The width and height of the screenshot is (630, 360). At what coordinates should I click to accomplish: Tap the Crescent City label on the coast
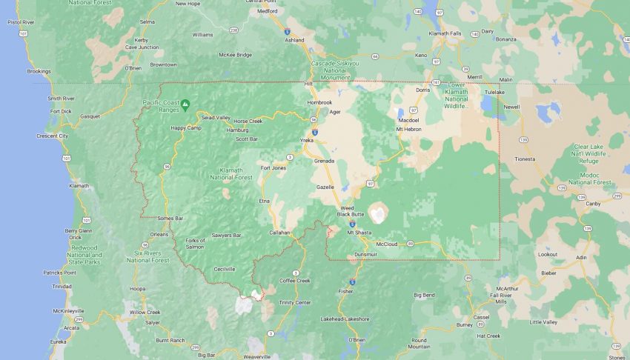pos(53,136)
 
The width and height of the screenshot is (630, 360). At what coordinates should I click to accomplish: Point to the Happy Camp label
pos(186,127)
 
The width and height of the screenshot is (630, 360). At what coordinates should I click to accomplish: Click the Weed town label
pos(348,208)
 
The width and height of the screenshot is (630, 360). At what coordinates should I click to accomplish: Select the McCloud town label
pos(387,244)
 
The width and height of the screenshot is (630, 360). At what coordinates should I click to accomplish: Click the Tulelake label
pos(494,93)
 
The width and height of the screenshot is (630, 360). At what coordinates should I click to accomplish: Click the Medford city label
pos(267,12)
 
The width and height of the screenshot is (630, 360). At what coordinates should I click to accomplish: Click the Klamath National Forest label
pos(231,175)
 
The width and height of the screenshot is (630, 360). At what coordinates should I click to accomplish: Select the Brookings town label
pos(39,72)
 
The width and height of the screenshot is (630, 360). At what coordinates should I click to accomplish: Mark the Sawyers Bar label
pos(227,235)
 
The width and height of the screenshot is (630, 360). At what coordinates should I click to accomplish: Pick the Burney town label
pos(465,324)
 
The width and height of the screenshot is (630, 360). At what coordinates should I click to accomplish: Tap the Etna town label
pos(264,201)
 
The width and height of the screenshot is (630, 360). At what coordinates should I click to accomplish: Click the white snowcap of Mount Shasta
pos(378,214)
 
